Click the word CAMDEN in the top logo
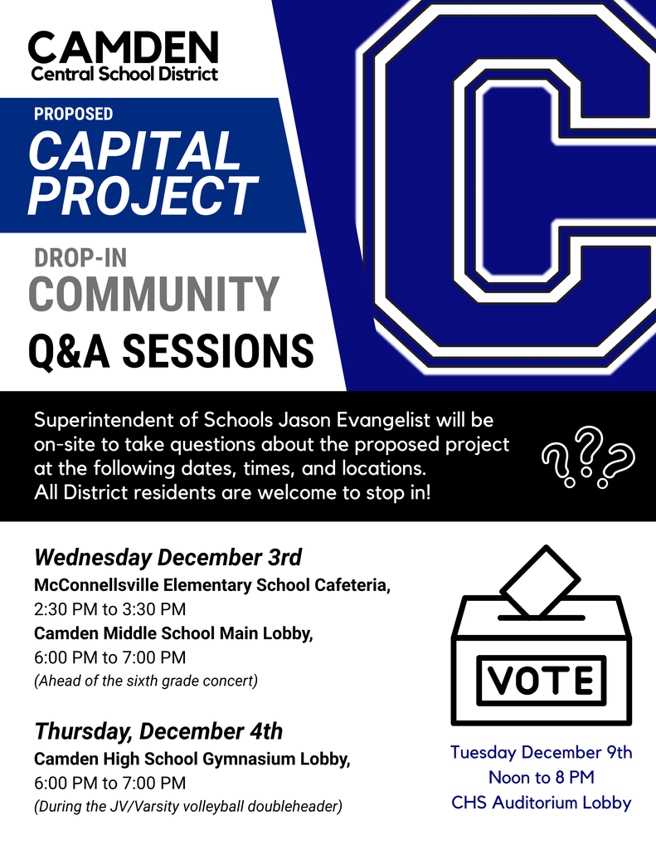click(x=124, y=47)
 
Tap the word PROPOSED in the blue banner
click(x=74, y=114)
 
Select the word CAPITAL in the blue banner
click(x=134, y=152)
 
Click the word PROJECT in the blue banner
click(x=143, y=196)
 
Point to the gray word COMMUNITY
click(x=153, y=294)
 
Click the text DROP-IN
click(x=80, y=258)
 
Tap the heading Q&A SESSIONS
click(x=171, y=350)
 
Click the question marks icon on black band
click(x=587, y=456)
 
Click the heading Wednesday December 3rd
click(x=168, y=555)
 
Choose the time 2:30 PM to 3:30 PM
click(x=109, y=608)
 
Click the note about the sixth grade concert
click(x=146, y=681)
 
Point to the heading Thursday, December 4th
click(x=158, y=731)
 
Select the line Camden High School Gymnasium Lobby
click(x=192, y=759)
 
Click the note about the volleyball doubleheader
click(x=187, y=806)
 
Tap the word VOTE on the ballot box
click(x=541, y=681)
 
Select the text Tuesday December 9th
click(x=541, y=753)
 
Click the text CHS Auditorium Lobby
click(x=541, y=803)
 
